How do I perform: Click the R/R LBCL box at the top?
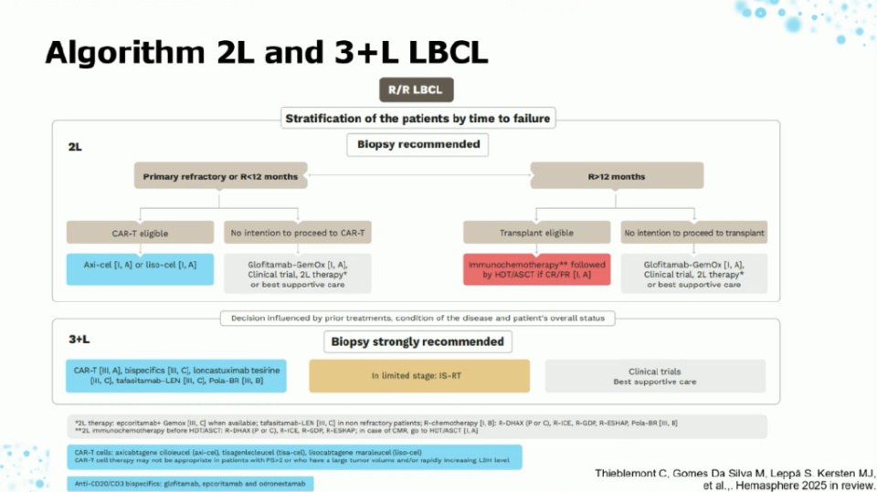(x=416, y=89)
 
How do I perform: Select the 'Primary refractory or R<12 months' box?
(x=221, y=175)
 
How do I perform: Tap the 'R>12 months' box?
(x=617, y=175)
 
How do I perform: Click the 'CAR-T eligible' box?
(x=142, y=234)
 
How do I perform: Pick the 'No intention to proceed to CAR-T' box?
(x=297, y=234)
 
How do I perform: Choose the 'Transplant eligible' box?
(x=536, y=234)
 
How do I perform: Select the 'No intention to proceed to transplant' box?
(x=693, y=234)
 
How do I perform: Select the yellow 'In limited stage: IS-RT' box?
(x=419, y=375)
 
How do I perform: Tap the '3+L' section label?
(x=80, y=340)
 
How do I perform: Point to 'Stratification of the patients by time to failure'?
(x=419, y=118)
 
